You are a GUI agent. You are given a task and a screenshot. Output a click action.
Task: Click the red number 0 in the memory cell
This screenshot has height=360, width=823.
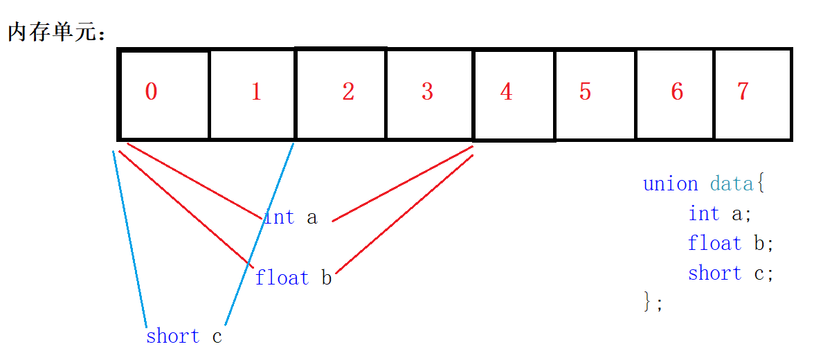click(x=151, y=92)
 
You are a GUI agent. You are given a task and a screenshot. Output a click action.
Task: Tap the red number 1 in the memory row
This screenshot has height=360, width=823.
click(x=256, y=92)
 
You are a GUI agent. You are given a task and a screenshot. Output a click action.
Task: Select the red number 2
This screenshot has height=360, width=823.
click(x=348, y=92)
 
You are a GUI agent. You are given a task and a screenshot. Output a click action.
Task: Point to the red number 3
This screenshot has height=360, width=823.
click(x=427, y=92)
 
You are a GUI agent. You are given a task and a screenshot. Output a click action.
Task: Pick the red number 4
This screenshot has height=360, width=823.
click(x=507, y=92)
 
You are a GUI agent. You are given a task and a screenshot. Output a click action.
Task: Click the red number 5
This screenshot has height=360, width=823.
click(x=586, y=92)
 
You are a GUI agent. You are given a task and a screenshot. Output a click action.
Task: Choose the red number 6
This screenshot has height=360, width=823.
click(x=677, y=92)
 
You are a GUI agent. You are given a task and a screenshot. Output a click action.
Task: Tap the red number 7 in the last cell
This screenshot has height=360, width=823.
click(x=743, y=92)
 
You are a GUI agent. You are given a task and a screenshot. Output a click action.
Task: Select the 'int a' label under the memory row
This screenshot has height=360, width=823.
click(x=290, y=217)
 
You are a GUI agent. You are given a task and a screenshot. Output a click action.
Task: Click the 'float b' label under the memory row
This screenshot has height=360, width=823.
click(x=293, y=278)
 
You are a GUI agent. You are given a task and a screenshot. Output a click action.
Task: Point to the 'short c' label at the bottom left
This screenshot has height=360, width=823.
click(x=184, y=337)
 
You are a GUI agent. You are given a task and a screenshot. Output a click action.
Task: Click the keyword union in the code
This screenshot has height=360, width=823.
click(x=670, y=184)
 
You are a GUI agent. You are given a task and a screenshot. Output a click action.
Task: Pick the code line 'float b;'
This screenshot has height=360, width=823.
click(x=730, y=244)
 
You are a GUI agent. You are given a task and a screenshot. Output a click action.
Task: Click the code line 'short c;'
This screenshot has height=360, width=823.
click(x=730, y=273)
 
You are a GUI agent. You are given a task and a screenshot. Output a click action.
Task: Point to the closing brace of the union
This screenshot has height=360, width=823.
click(x=649, y=302)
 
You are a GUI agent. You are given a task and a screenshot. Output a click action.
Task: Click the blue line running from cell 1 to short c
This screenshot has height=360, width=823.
click(x=259, y=235)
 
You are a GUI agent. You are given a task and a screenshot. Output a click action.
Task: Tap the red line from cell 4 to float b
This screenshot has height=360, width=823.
click(x=404, y=214)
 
